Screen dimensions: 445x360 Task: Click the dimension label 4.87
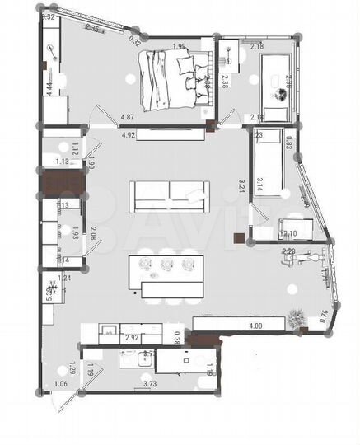[x=128, y=118]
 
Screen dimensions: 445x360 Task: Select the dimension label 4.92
[x=128, y=133]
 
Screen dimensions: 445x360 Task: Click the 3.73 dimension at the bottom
[x=150, y=383]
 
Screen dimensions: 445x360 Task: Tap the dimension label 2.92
[x=131, y=338]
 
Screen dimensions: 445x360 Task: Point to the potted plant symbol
[x=298, y=316]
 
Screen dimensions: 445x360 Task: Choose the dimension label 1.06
[x=60, y=384]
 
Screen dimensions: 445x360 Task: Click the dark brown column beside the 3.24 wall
[x=238, y=239]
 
